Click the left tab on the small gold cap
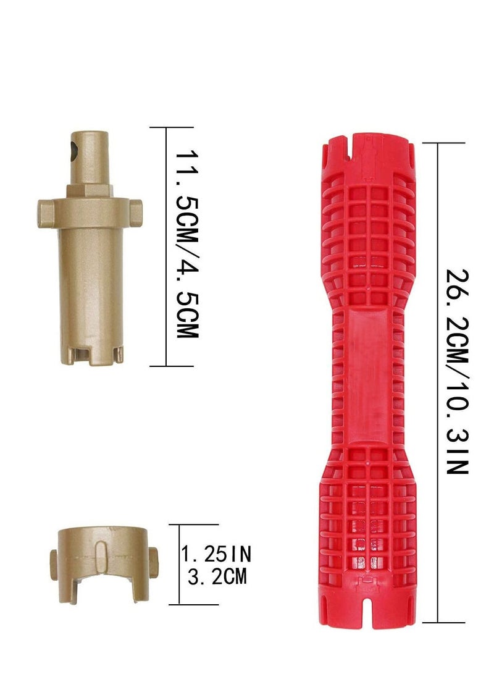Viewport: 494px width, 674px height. click(54, 560)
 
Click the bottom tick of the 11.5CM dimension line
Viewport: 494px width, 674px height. click(167, 366)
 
